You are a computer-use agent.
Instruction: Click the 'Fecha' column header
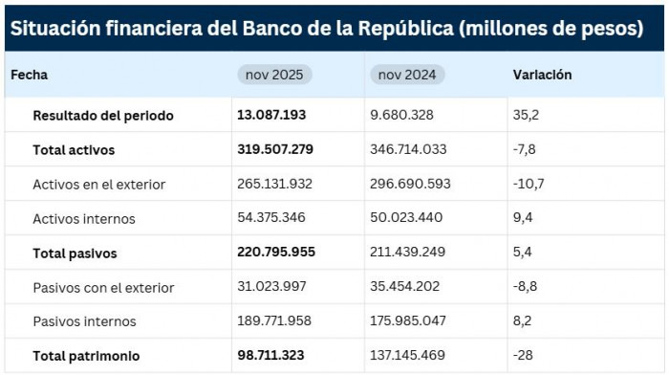click(29, 75)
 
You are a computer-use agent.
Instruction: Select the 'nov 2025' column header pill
click(274, 75)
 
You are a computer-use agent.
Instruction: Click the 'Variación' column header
click(542, 75)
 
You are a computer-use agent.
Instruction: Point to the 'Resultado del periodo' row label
click(103, 115)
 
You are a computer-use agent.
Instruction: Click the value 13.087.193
click(271, 115)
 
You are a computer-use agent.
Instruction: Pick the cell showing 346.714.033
click(408, 149)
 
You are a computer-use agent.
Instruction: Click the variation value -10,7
click(529, 184)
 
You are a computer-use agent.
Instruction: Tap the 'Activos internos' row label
click(84, 218)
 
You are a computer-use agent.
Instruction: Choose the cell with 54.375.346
click(271, 218)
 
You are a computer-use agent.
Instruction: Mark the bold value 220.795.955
click(276, 253)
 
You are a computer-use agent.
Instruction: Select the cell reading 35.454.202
click(405, 287)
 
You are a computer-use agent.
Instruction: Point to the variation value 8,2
click(524, 321)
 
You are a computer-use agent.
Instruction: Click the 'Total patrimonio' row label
click(86, 356)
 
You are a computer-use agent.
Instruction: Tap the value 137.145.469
click(407, 356)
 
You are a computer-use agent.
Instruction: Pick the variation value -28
click(524, 356)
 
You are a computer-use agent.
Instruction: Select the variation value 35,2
click(527, 115)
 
